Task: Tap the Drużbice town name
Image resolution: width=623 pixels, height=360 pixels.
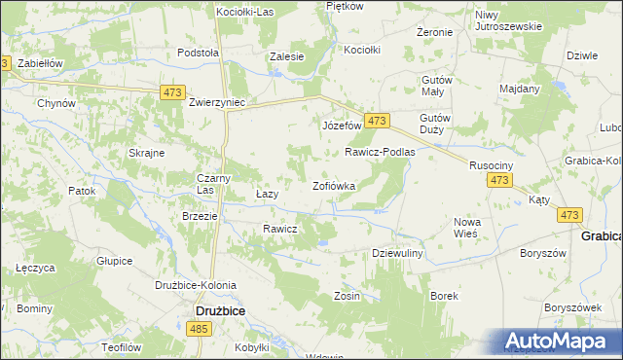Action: pos(213,311)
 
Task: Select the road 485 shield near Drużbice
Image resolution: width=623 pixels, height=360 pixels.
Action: pos(200,331)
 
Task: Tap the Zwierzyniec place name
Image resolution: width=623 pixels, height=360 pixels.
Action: pos(217,100)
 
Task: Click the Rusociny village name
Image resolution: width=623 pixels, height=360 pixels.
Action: pos(491,165)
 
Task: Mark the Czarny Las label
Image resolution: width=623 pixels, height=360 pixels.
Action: pos(213,184)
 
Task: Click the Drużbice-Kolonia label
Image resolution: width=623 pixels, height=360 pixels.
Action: pos(190,284)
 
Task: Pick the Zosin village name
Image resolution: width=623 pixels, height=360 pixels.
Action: pos(348,295)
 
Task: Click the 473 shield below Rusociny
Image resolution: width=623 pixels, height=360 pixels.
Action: pos(500,181)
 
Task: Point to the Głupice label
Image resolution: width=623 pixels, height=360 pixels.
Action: pos(115,261)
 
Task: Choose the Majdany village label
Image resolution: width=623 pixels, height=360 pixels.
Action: pos(519,89)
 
